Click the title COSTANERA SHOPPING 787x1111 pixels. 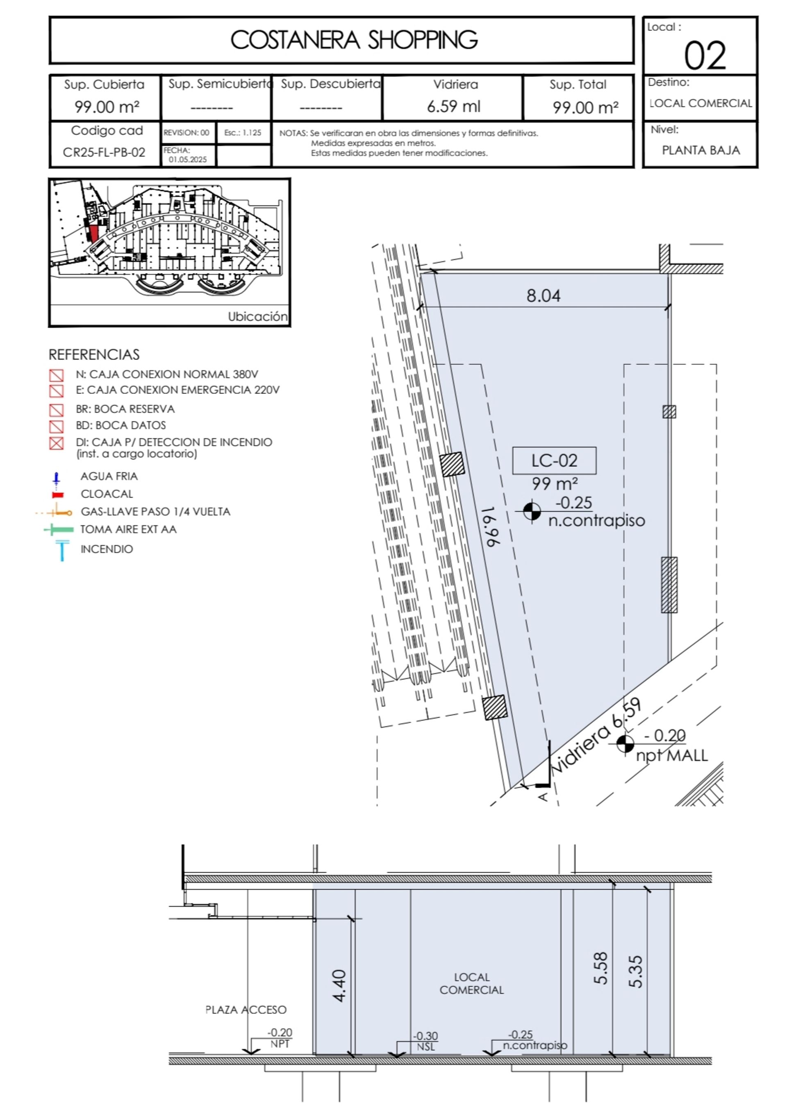[354, 40]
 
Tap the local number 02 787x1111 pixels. [705, 55]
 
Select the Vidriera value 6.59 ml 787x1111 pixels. [454, 106]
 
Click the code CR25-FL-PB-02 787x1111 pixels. [104, 152]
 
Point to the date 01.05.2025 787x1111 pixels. [188, 160]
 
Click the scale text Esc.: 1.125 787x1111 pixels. [243, 133]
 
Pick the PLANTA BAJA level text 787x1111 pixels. [701, 150]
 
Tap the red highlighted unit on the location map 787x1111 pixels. [93, 234]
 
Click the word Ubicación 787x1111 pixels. [258, 317]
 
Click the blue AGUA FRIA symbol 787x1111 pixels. [56, 479]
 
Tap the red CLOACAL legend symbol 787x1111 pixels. [58, 495]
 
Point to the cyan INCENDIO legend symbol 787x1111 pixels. [62, 551]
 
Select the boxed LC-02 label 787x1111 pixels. [555, 460]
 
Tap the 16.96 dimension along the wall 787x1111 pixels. [492, 527]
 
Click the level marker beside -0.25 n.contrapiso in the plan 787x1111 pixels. [532, 511]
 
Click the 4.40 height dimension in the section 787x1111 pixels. [339, 985]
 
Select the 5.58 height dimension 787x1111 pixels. [600, 968]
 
